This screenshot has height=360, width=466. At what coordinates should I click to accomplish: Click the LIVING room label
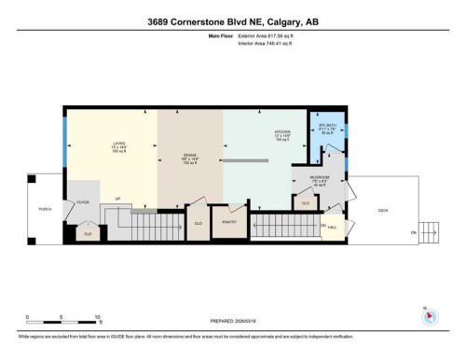pyautogui.click(x=118, y=143)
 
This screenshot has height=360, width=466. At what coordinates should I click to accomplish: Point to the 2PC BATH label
pyautogui.click(x=327, y=126)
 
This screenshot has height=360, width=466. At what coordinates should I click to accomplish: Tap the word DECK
pyautogui.click(x=383, y=209)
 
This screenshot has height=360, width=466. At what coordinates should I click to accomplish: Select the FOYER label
pyautogui.click(x=82, y=199)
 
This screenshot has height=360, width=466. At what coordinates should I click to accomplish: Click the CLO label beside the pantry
pyautogui.click(x=198, y=223)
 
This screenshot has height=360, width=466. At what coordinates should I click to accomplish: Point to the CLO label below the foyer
pyautogui.click(x=88, y=232)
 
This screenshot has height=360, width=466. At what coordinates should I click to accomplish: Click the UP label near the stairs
pyautogui.click(x=118, y=199)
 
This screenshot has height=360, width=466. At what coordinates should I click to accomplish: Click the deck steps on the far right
pyautogui.click(x=430, y=228)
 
